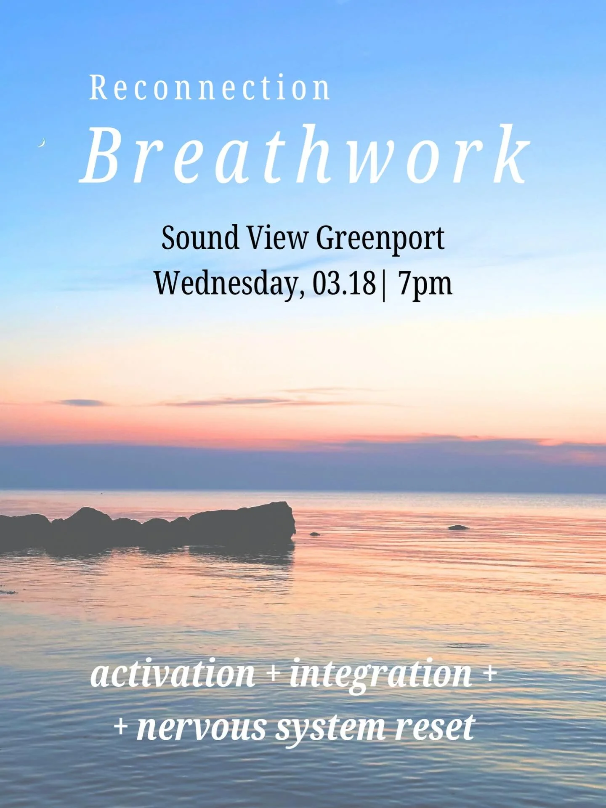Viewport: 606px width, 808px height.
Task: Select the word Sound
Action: coord(200,238)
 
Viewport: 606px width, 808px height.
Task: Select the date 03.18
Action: coord(344,284)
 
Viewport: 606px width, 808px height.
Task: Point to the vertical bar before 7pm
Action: coord(383,284)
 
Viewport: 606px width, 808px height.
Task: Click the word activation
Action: coord(173,673)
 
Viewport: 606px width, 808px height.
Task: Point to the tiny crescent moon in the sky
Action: coord(41,143)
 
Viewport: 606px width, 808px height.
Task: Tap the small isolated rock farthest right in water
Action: coord(458,527)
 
